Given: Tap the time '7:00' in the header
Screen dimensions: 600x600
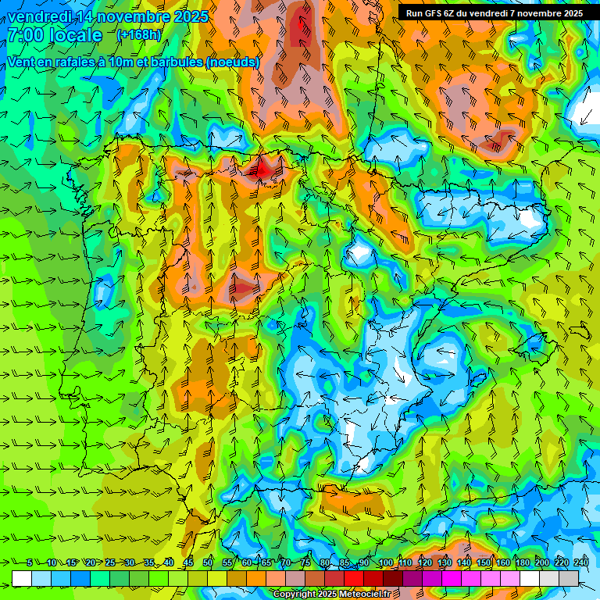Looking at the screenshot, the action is coord(27,35).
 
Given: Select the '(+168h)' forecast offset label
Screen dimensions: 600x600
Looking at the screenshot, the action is coord(139,34).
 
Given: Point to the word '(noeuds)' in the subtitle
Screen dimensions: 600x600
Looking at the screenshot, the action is coord(233,62).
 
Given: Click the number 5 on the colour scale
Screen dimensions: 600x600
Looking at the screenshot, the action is coord(30,563).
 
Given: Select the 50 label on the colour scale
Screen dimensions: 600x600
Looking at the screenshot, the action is coord(207,563).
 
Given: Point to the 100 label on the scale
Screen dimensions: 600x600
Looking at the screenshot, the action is coord(386,563).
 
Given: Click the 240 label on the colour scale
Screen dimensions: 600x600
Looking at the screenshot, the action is coord(580,563).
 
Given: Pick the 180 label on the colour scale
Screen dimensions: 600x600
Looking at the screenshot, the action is coord(523,563).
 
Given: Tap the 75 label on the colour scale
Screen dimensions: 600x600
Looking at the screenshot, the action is coord(305,563).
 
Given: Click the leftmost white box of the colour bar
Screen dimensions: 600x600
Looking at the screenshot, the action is coord(22,578).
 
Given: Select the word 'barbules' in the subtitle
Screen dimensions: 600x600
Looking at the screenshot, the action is coord(177,62).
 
